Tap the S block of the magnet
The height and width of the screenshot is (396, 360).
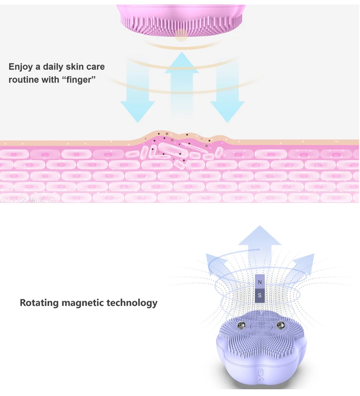[x=260, y=295]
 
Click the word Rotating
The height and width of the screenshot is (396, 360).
[x=39, y=302]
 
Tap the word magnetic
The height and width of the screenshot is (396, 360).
[x=83, y=302]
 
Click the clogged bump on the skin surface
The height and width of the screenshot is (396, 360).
[x=180, y=144]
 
